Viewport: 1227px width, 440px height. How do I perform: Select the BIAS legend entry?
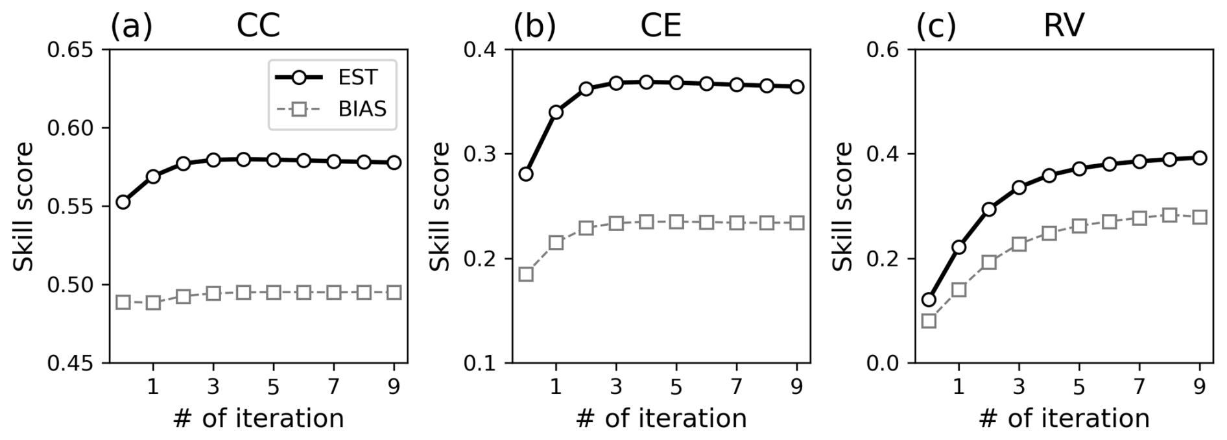331,109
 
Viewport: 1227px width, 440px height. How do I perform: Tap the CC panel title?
257,27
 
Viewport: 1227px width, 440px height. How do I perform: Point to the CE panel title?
661,27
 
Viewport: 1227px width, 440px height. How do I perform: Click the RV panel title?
1064,27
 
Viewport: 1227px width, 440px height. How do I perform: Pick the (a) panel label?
131,27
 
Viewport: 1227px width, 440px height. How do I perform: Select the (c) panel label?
936,27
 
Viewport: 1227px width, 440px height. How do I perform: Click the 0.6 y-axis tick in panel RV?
887,50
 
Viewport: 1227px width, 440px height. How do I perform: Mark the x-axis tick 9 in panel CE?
797,387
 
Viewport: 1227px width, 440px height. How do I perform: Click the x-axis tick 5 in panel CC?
273,387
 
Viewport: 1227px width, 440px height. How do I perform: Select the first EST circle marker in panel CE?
526,174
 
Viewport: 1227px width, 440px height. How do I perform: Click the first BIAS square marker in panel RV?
929,321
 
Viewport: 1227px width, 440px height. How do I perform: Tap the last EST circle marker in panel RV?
1200,158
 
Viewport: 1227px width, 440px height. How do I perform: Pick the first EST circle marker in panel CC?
123,202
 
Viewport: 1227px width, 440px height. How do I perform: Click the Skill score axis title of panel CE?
440,206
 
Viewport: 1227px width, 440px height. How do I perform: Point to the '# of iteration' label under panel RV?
1064,419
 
